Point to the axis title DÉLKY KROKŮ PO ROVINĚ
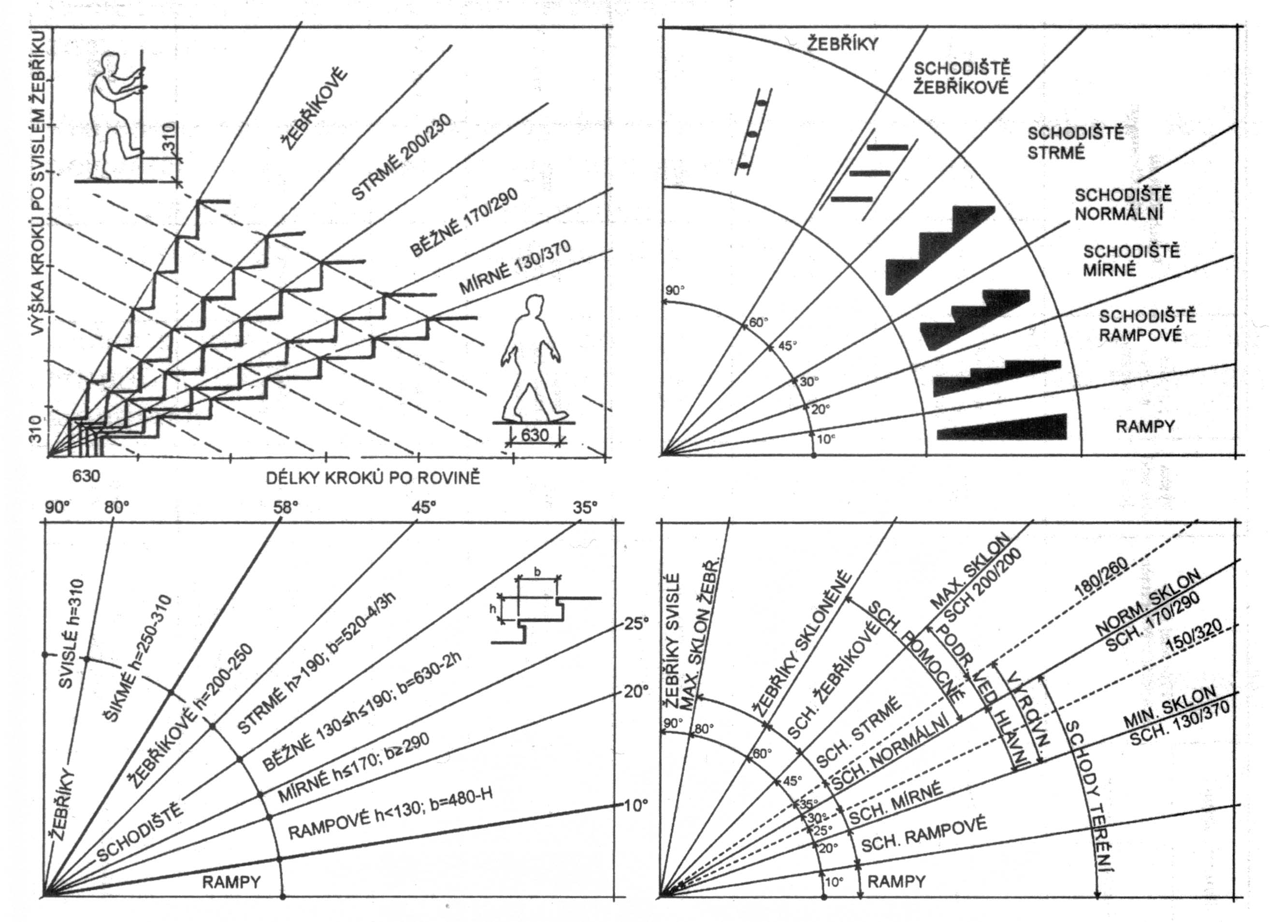click(x=373, y=478)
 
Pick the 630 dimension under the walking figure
click(x=535, y=435)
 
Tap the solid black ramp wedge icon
click(x=1002, y=427)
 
